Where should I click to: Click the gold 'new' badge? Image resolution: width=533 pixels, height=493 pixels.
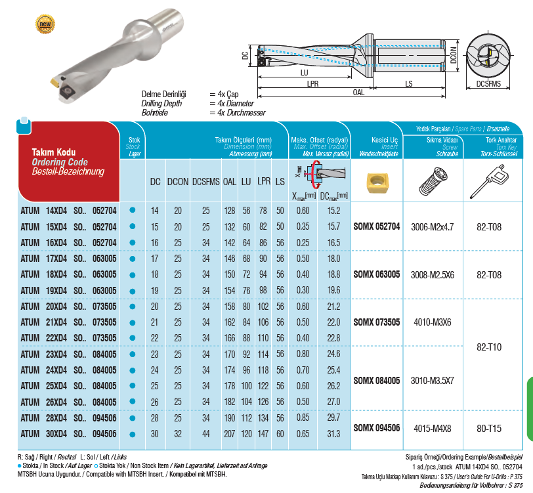[45, 25]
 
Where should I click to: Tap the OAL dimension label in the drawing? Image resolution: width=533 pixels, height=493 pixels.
[358, 93]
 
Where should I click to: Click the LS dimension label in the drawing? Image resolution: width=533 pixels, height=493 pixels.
[409, 83]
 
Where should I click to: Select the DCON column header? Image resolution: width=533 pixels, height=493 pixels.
[176, 182]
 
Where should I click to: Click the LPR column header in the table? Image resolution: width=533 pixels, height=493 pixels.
[263, 182]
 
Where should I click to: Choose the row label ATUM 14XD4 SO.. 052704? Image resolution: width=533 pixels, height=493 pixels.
[69, 210]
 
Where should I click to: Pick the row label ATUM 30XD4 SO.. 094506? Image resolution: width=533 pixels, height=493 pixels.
[69, 433]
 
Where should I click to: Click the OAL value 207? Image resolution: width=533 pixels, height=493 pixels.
[230, 433]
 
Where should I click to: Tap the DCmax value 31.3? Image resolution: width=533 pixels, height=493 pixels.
[333, 433]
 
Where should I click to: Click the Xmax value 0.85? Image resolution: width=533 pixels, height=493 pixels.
[303, 417]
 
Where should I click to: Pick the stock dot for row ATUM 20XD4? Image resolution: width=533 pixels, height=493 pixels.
[133, 306]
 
